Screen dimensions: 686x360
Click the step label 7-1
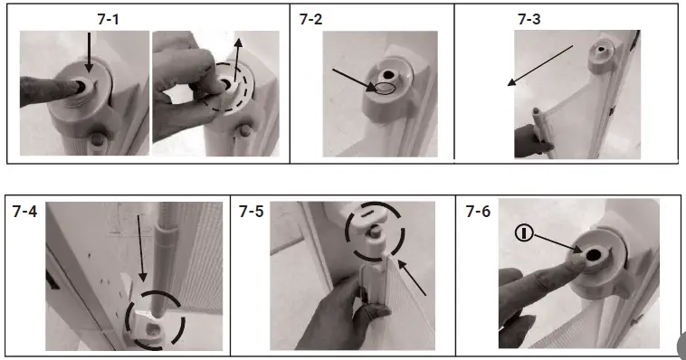108,19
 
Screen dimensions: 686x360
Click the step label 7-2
310,19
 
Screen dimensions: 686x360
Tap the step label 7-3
529,19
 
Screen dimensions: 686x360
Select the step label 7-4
25,212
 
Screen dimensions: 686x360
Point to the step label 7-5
251,212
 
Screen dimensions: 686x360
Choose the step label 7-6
478,212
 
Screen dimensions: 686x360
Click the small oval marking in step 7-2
385,89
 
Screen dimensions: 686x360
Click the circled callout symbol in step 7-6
524,232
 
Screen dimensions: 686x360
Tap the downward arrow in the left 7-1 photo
90,52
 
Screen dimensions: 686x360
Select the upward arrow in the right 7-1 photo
237,60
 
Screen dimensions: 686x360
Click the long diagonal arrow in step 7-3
540,65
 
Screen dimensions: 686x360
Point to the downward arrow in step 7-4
141,248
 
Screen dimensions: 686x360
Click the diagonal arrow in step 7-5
412,277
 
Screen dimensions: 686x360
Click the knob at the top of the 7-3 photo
601,53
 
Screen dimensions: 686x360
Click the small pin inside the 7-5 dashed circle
374,231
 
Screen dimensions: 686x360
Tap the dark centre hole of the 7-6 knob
594,254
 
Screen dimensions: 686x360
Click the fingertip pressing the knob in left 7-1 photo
74,86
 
